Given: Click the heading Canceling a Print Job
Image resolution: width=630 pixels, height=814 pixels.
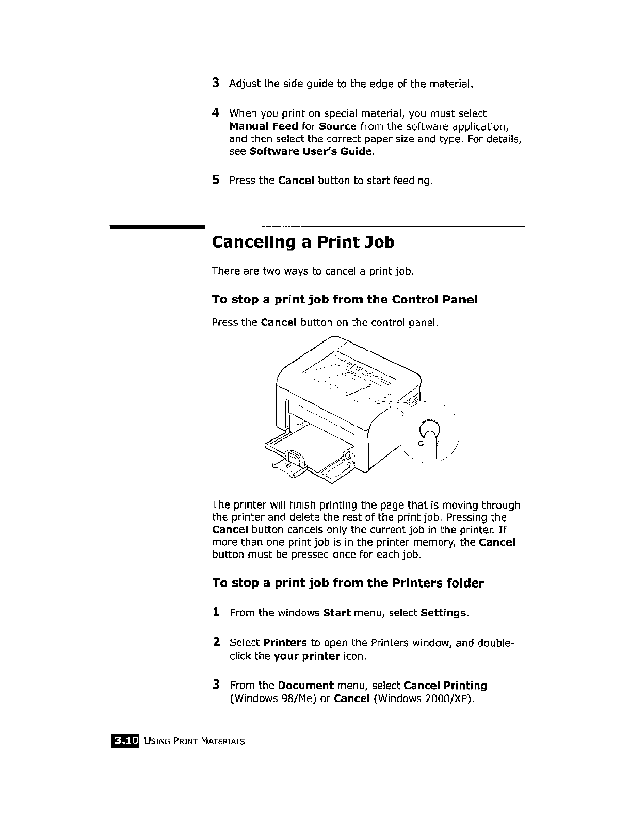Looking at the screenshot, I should (x=303, y=242).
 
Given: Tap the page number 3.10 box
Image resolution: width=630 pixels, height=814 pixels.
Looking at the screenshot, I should (x=124, y=741).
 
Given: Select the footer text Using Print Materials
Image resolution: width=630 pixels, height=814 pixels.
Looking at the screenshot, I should (x=195, y=742).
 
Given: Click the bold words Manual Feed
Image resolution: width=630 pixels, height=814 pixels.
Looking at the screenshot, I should (x=263, y=126).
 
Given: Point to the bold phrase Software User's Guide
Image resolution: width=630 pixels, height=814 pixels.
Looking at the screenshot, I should (x=311, y=151).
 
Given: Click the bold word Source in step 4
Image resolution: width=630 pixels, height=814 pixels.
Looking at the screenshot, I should (x=338, y=126).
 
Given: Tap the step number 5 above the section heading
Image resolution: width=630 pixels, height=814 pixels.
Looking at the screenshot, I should (x=216, y=180).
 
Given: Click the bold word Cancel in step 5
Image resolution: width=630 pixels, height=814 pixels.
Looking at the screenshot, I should (x=296, y=181).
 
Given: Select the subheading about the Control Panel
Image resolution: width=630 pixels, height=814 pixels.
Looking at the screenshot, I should (x=345, y=300).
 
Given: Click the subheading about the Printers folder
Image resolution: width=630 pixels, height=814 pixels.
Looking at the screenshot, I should (x=348, y=583).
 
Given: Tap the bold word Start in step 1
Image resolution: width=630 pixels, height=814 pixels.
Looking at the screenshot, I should (x=336, y=613).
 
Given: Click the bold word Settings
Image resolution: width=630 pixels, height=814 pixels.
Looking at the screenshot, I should (x=444, y=613).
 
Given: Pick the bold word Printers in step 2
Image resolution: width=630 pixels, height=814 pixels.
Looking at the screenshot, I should (x=285, y=643).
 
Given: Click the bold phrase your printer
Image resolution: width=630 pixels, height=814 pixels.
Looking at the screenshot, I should (x=306, y=656).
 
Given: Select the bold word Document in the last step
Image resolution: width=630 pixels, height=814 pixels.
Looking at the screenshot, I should (x=305, y=686).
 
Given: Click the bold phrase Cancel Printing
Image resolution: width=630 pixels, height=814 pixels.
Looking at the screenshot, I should (x=445, y=686).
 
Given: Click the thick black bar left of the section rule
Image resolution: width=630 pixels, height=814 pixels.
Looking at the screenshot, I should (x=156, y=227).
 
